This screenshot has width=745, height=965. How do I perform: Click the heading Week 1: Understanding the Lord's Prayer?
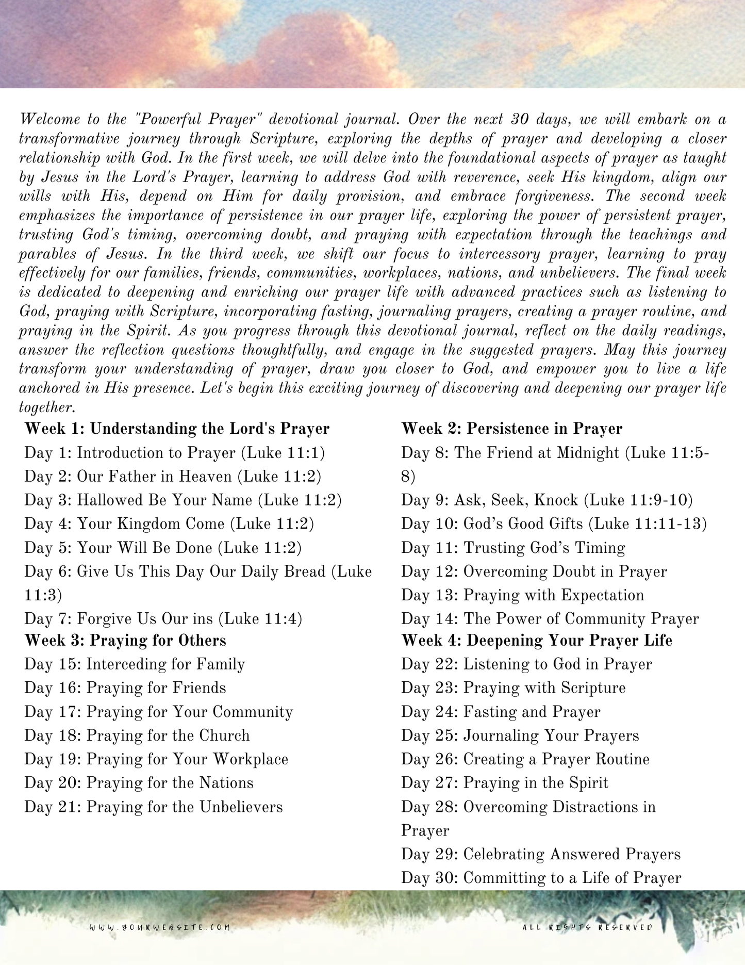pyautogui.click(x=177, y=429)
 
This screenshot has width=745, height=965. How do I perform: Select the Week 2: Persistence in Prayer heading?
pyautogui.click(x=511, y=429)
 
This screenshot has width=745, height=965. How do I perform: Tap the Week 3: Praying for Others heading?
pyautogui.click(x=125, y=641)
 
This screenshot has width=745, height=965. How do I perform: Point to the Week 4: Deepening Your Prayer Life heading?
pyautogui.click(x=537, y=641)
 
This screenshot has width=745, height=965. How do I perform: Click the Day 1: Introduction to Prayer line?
pyautogui.click(x=175, y=453)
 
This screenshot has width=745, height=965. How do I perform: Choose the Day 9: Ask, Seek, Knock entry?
pyautogui.click(x=547, y=500)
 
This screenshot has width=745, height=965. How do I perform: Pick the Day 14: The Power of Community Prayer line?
pyautogui.click(x=550, y=619)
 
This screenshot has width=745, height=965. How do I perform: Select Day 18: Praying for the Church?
pyautogui.click(x=137, y=735)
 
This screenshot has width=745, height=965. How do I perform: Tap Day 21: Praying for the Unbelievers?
pyautogui.click(x=154, y=807)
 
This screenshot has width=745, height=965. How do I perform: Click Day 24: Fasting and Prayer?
pyautogui.click(x=501, y=712)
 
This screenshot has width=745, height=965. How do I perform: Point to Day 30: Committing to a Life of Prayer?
pyautogui.click(x=541, y=878)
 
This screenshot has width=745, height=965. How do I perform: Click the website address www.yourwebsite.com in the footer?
pyautogui.click(x=160, y=927)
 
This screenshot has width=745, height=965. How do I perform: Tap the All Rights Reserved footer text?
pyautogui.click(x=587, y=927)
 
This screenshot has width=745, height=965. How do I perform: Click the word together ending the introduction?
pyautogui.click(x=47, y=407)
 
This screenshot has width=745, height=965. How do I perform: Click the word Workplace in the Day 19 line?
pyautogui.click(x=251, y=759)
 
